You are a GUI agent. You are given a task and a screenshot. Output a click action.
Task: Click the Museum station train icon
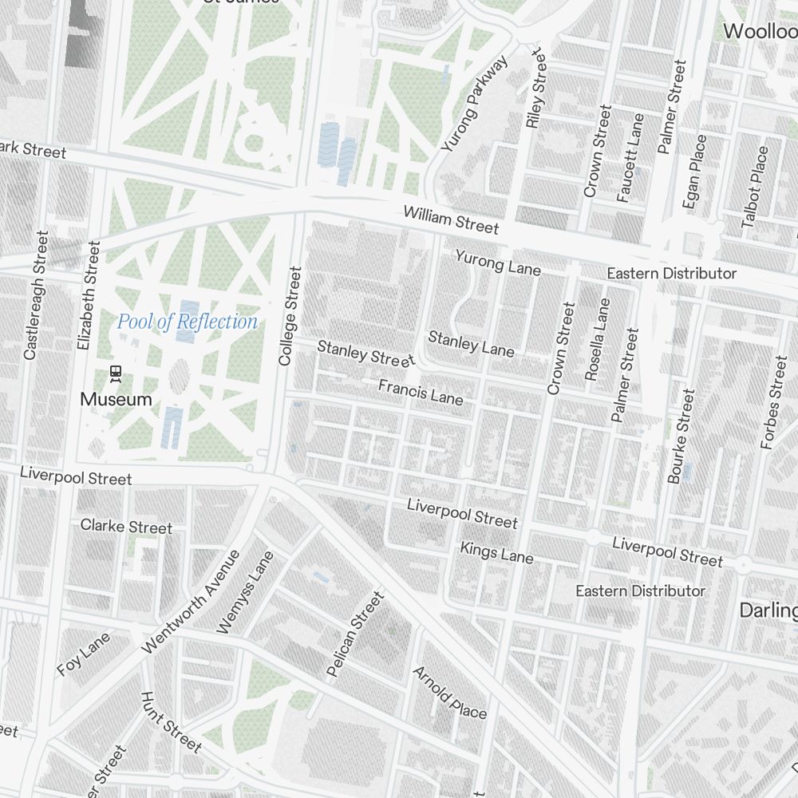pos(116,373)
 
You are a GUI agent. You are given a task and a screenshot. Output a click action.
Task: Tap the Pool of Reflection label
pos(188,322)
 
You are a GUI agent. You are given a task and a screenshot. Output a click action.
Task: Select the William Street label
pos(451,220)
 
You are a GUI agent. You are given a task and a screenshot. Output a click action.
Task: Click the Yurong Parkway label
pos(475,104)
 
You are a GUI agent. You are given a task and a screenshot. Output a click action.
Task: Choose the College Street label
pos(290,316)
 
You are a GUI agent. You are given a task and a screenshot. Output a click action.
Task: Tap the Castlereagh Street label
pos(37,295)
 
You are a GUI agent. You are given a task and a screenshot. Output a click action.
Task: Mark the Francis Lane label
pos(421,392)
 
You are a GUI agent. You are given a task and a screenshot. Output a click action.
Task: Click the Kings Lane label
pos(496,552)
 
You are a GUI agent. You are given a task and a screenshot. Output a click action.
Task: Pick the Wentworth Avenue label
pos(190,602)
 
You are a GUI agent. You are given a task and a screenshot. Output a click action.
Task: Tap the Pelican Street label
pos(356,634)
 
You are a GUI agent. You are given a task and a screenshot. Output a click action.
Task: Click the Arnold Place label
pos(449,692)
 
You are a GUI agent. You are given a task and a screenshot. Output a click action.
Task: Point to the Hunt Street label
pos(170,722)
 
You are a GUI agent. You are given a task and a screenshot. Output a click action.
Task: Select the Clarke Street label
pos(126,527)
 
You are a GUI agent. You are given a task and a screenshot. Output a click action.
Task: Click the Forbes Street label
pos(774,403)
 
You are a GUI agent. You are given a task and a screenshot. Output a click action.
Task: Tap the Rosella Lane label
pos(597,339)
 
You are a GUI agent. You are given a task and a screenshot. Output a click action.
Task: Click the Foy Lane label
pos(83,655)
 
